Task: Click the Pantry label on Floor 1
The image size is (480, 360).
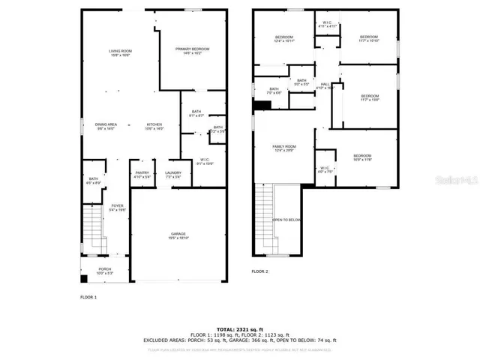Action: [x=142, y=175]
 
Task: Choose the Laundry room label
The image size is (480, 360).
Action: [x=172, y=175]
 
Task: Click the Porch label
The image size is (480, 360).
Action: [x=105, y=271]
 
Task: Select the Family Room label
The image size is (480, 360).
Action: [x=284, y=148]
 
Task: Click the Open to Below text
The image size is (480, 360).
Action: [x=286, y=220]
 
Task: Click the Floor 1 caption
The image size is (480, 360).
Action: [x=88, y=297]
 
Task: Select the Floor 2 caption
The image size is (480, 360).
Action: [x=259, y=271]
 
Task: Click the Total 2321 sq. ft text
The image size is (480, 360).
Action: [x=240, y=329]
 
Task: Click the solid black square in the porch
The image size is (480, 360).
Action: [x=83, y=279]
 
